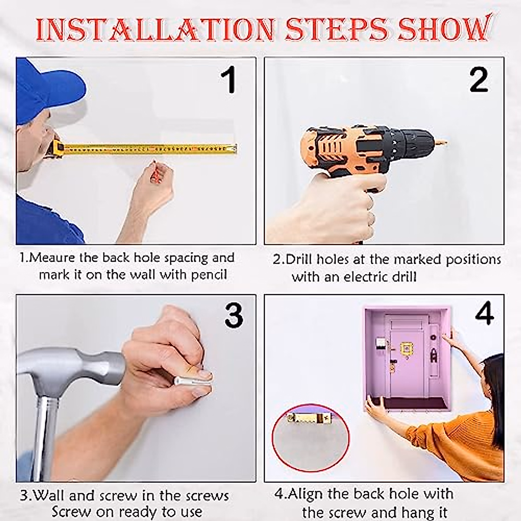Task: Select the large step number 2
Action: [x=479, y=80]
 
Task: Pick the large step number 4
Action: [x=484, y=313]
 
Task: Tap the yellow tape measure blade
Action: [x=149, y=149]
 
